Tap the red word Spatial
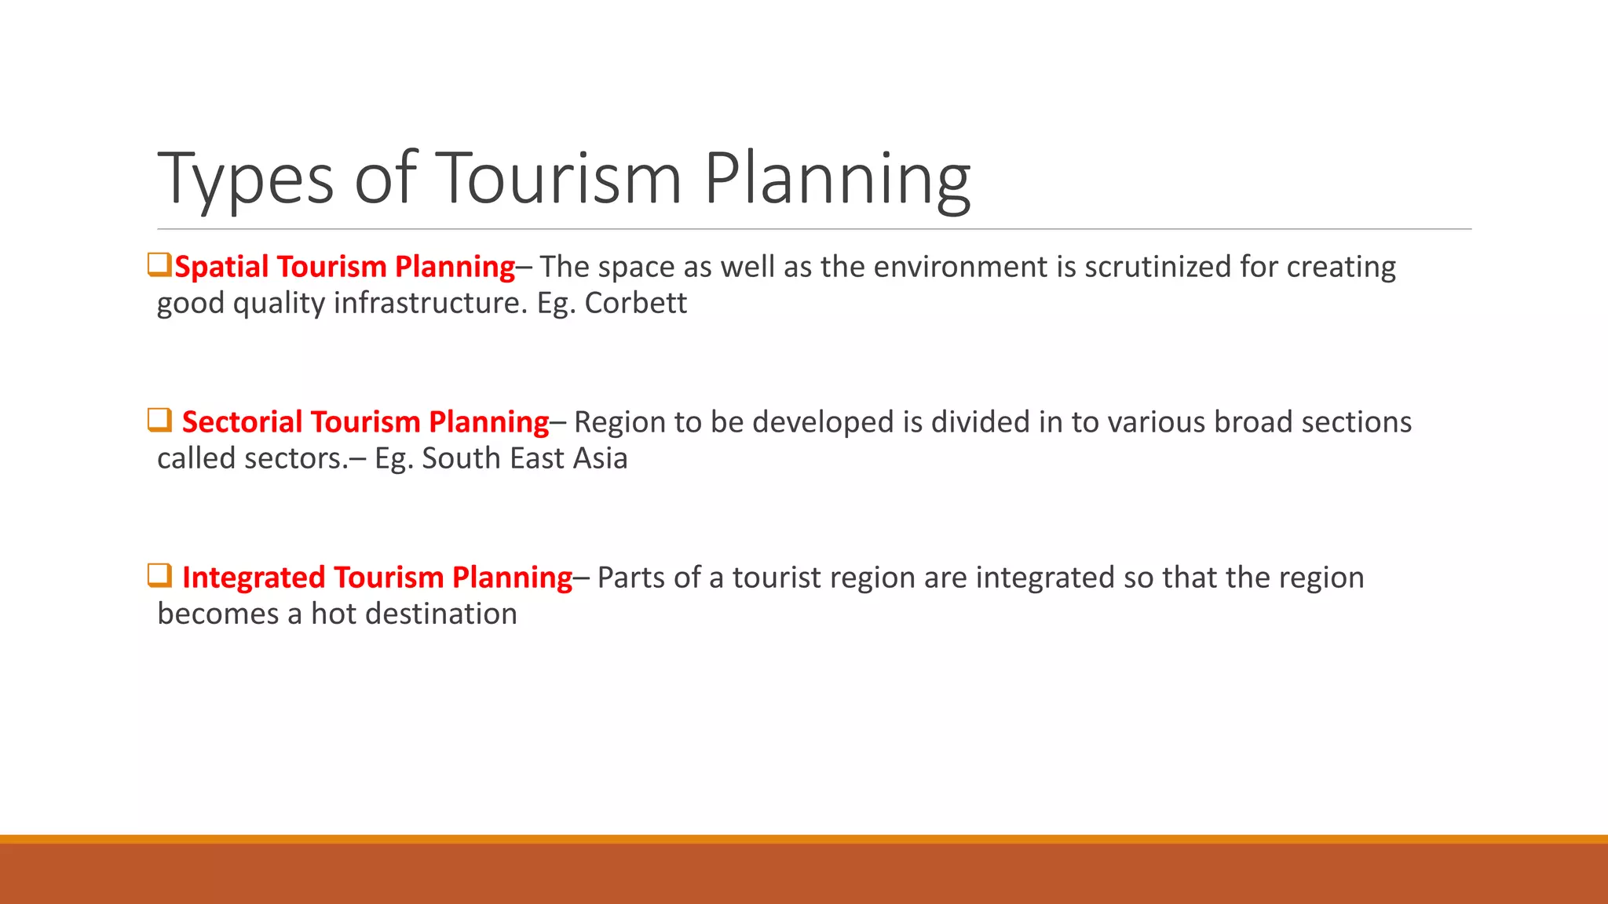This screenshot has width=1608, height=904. coord(221,267)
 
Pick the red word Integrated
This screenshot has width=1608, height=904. coord(254,578)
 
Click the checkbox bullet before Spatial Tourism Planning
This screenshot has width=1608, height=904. coord(159,264)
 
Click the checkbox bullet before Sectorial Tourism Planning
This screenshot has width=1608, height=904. coord(159,420)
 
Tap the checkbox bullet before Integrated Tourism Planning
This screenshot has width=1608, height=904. coord(159,575)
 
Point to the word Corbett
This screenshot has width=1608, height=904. coord(635,303)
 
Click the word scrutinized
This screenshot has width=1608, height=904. coord(1158,267)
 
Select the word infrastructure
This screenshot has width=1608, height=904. coord(430,303)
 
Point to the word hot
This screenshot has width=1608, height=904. coord(334,614)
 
